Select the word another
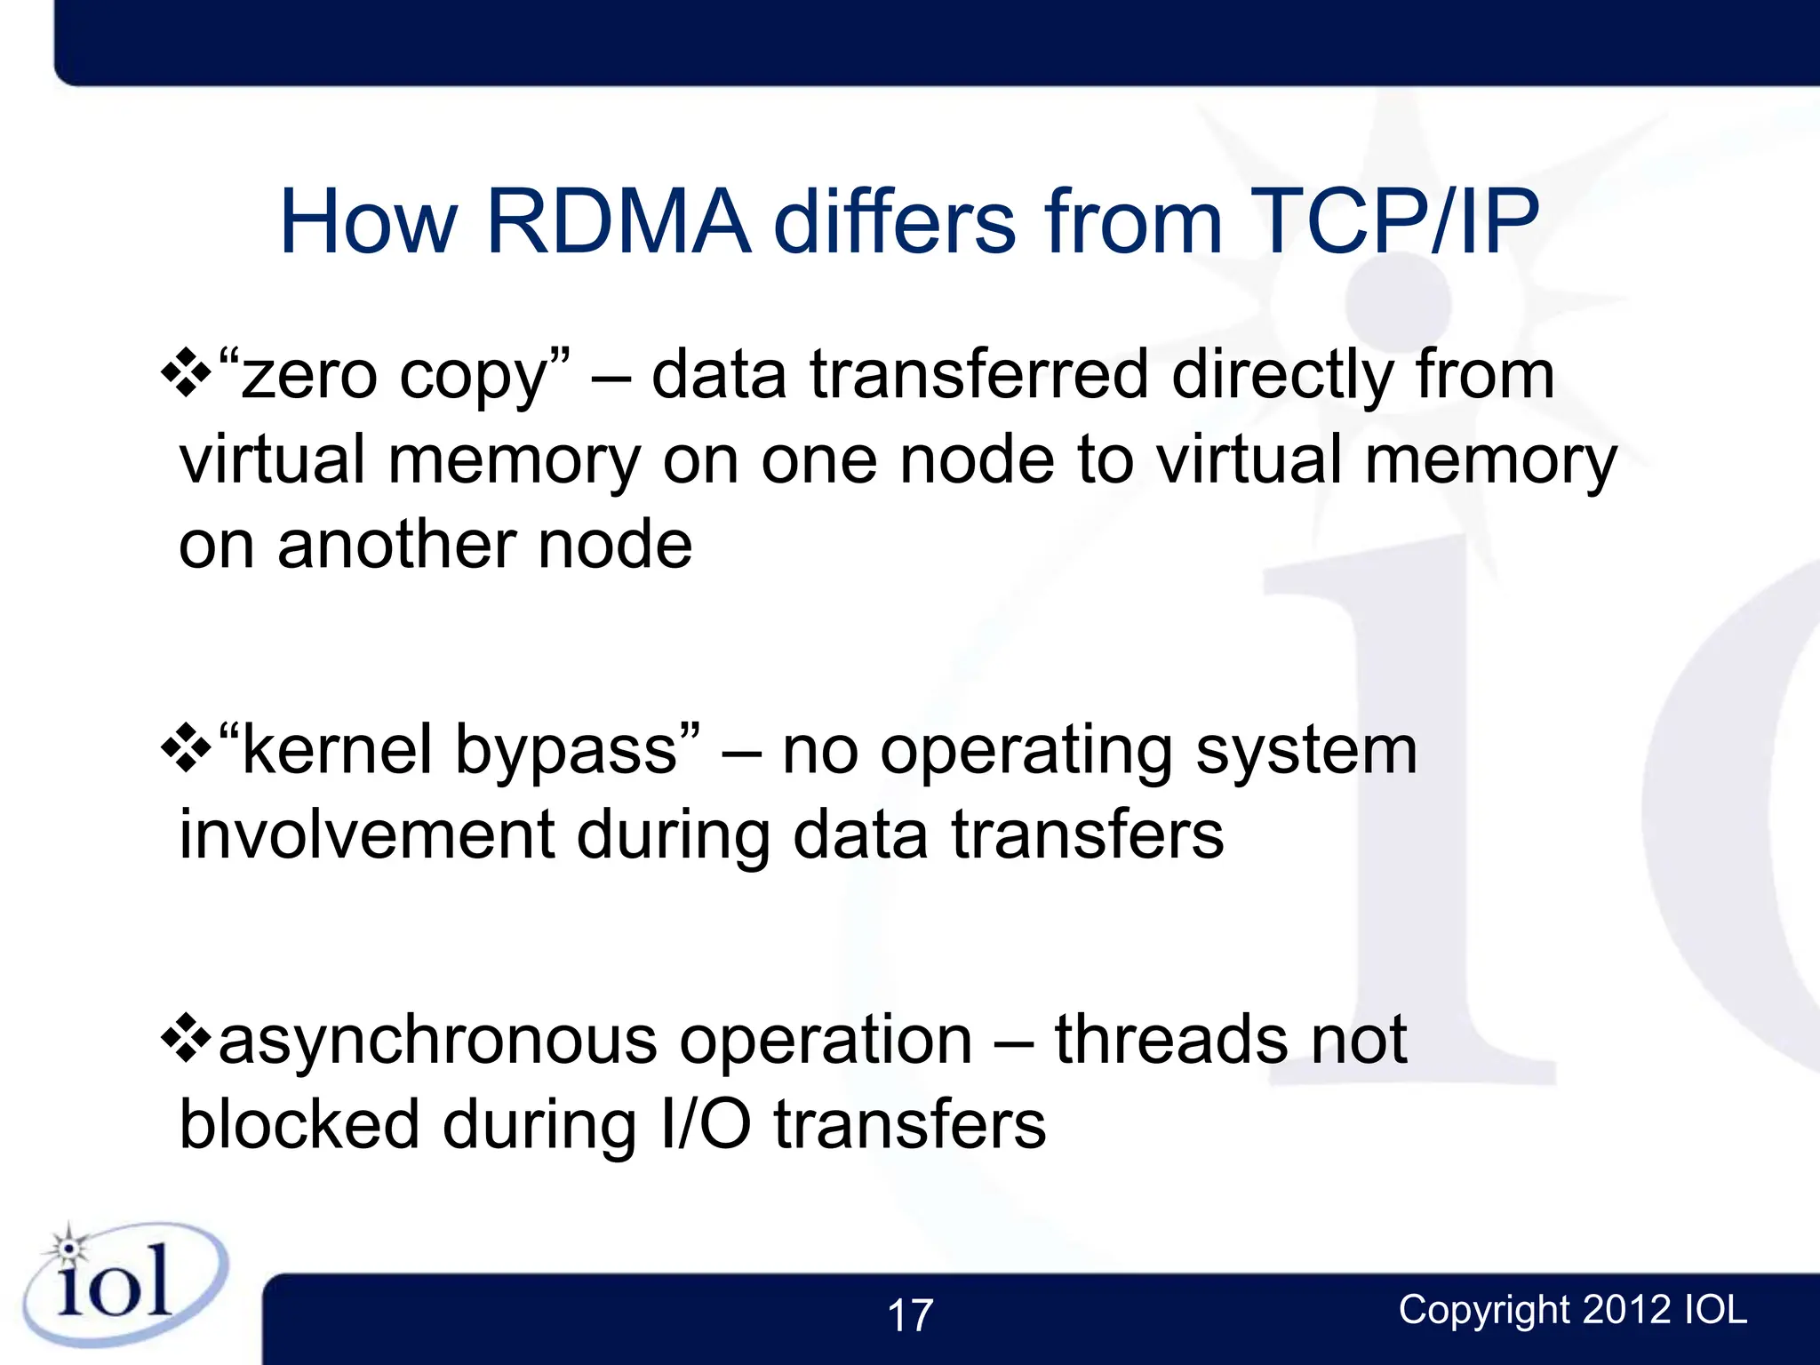(395, 545)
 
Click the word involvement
(367, 835)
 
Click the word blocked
(299, 1124)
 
